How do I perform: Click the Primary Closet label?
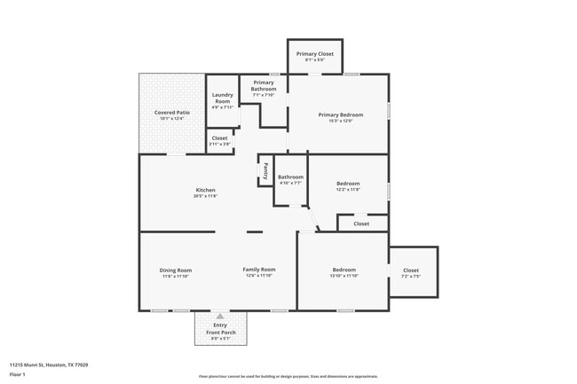tap(314, 53)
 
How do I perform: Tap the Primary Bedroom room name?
tap(341, 114)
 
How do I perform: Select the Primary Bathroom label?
tap(264, 86)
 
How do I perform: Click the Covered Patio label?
tap(171, 113)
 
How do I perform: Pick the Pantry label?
tap(265, 170)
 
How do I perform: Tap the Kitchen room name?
tap(205, 190)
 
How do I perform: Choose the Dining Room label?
tap(176, 270)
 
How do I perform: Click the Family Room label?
tap(259, 270)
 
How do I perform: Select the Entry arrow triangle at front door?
tap(220, 315)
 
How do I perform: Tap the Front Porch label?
tap(220, 332)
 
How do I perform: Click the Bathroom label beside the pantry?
tap(290, 177)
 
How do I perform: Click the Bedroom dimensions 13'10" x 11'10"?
tap(344, 277)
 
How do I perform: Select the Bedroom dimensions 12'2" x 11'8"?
tap(347, 190)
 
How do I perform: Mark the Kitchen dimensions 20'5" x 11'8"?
tap(205, 196)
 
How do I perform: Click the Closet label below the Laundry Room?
tap(219, 138)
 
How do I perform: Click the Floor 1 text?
tap(19, 375)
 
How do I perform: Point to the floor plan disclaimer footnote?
tap(288, 376)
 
